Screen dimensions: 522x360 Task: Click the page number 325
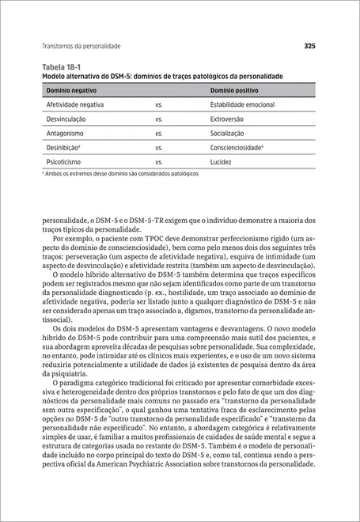coord(309,46)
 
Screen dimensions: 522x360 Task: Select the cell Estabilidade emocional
coord(242,104)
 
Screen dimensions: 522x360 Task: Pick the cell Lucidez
coord(222,161)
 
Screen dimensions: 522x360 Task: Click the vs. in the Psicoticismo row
coord(158,161)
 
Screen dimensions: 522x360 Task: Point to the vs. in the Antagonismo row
coord(158,133)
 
